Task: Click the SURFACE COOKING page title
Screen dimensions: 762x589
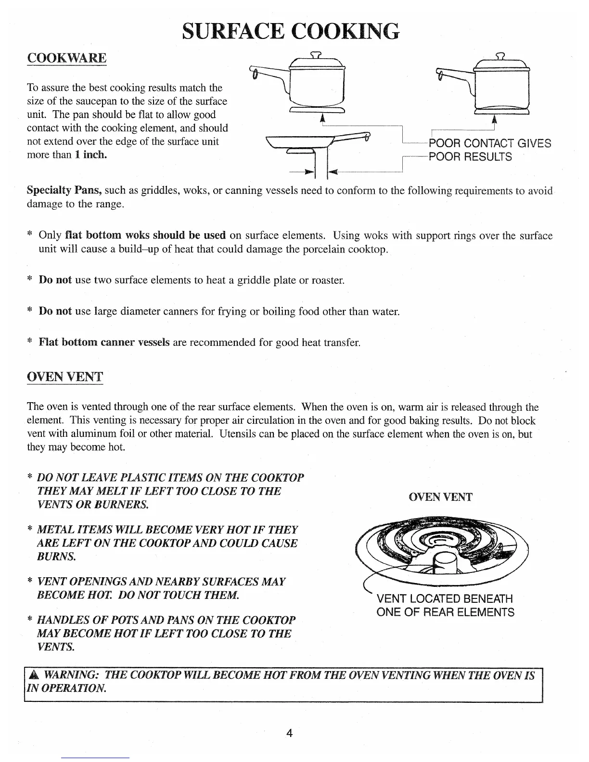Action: (x=291, y=30)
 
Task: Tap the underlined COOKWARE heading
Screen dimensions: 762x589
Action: (x=66, y=58)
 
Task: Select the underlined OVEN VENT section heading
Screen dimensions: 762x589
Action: (x=65, y=376)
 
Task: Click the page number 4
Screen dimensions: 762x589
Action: (x=290, y=733)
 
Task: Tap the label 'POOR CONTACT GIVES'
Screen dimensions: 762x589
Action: (x=489, y=143)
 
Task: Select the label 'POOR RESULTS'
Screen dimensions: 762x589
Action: (x=470, y=157)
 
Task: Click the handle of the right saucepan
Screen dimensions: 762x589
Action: (x=452, y=75)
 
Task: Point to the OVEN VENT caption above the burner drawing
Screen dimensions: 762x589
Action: (x=440, y=497)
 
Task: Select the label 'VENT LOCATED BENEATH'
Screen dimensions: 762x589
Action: (x=445, y=599)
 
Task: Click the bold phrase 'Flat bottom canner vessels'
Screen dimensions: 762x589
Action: (x=104, y=342)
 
